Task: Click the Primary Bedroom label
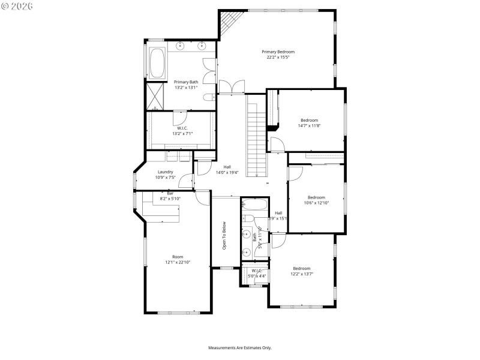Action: [x=278, y=52]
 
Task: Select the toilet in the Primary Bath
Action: [x=207, y=97]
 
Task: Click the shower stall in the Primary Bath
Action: [x=157, y=95]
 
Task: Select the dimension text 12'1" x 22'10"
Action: [x=178, y=262]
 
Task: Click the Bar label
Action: [x=170, y=193]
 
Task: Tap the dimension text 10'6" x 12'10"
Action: [x=316, y=203]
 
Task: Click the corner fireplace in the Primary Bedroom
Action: [x=229, y=25]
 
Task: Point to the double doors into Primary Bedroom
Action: [x=232, y=87]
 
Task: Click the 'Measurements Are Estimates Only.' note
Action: [x=240, y=347]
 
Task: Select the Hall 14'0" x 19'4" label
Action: [x=227, y=170]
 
